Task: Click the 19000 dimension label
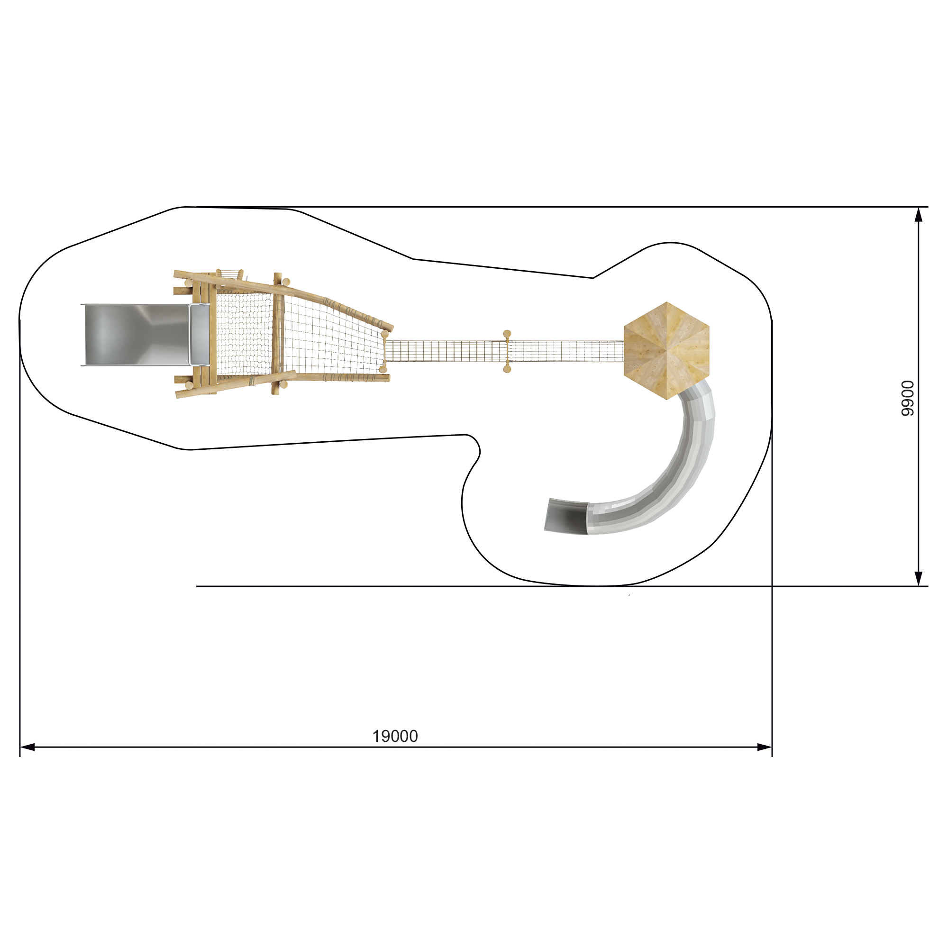(x=395, y=736)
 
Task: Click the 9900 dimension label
(x=908, y=398)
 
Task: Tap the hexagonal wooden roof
(x=666, y=351)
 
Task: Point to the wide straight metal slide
(x=137, y=335)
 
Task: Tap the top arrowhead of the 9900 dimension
(x=919, y=214)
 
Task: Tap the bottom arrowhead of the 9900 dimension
(x=919, y=578)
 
